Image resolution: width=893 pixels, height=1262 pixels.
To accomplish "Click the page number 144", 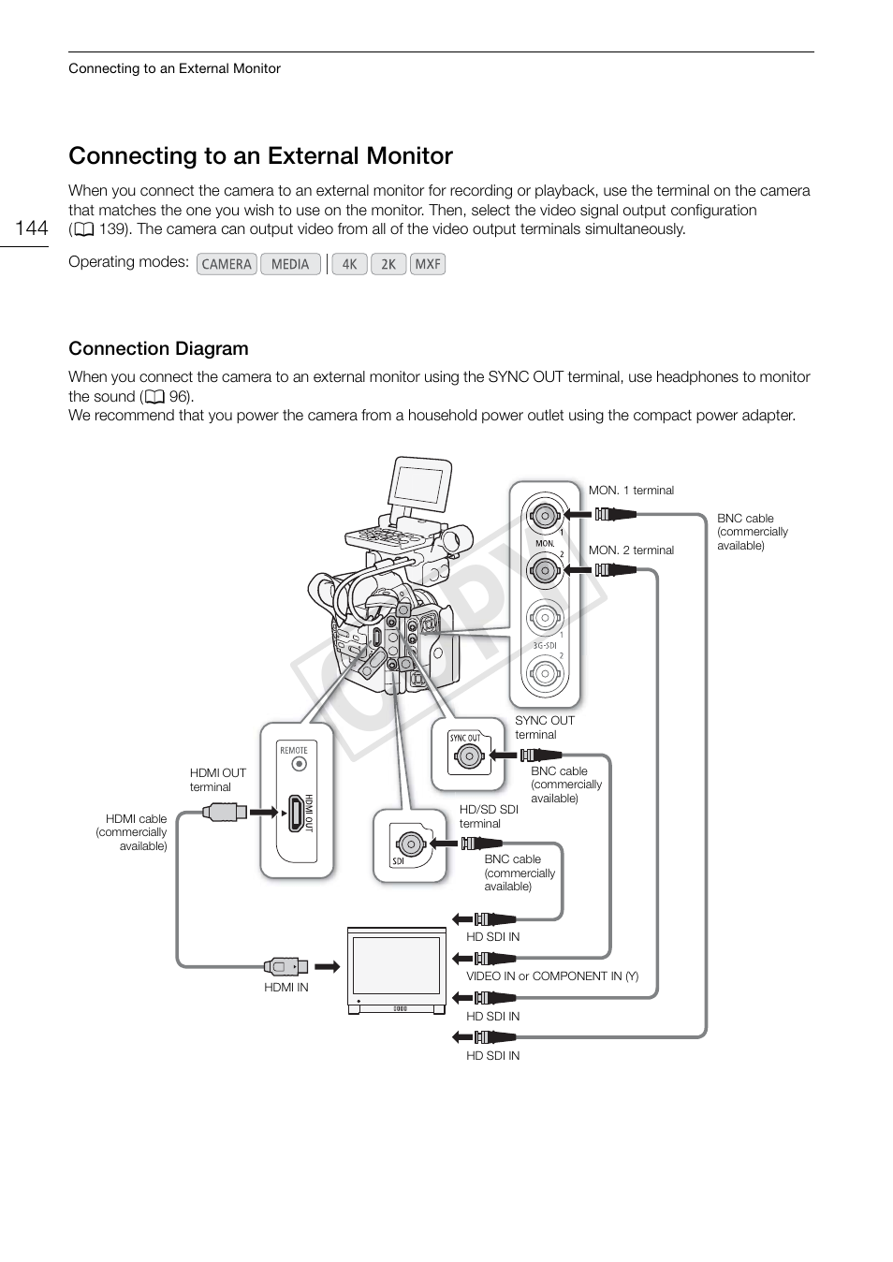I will (x=31, y=228).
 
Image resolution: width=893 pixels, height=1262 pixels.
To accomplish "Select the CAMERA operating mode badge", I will (x=227, y=264).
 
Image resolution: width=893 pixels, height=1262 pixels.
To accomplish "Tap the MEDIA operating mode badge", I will (x=290, y=264).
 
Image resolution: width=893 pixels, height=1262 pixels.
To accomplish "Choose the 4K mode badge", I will (x=349, y=264).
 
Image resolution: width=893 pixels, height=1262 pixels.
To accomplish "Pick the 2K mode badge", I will (x=388, y=264).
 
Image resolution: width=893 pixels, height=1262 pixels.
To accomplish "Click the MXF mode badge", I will (x=428, y=264).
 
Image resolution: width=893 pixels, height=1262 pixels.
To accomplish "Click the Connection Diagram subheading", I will (x=158, y=348).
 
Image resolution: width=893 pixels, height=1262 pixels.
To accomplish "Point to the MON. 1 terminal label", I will (x=631, y=491).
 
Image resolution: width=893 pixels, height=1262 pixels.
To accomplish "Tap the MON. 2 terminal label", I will (x=631, y=550).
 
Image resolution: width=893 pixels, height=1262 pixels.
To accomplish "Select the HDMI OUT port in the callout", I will (x=297, y=812).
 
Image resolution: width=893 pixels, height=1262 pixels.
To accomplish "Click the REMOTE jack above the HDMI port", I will (x=298, y=763).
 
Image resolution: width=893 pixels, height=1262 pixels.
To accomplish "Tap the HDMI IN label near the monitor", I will (x=285, y=988).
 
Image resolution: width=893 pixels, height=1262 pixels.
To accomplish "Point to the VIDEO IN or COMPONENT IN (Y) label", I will (x=552, y=976).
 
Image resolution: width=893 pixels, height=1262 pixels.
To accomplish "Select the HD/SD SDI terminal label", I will (x=489, y=816).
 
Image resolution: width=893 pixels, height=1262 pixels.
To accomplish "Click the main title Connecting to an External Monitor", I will (x=260, y=155).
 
